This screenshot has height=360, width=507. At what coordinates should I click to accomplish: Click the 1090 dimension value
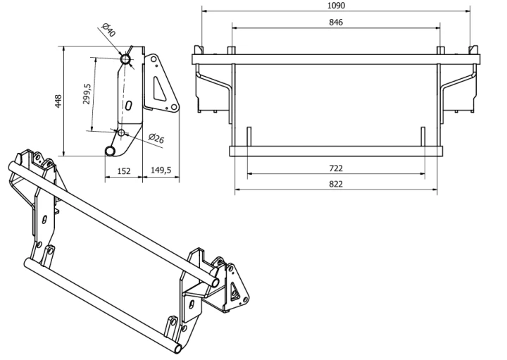(336, 6)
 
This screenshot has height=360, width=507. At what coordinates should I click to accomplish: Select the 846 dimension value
(336, 23)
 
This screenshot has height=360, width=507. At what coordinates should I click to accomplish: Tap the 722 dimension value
(336, 168)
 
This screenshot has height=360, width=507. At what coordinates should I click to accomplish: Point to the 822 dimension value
(336, 184)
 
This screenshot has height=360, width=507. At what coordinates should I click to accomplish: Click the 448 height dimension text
(58, 101)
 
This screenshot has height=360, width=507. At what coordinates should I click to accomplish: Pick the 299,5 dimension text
(87, 94)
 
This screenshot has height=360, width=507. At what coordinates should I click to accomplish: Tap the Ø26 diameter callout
(156, 138)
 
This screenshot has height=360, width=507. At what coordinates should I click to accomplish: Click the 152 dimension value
(124, 170)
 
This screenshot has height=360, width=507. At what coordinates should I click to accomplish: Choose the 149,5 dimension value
(161, 170)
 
